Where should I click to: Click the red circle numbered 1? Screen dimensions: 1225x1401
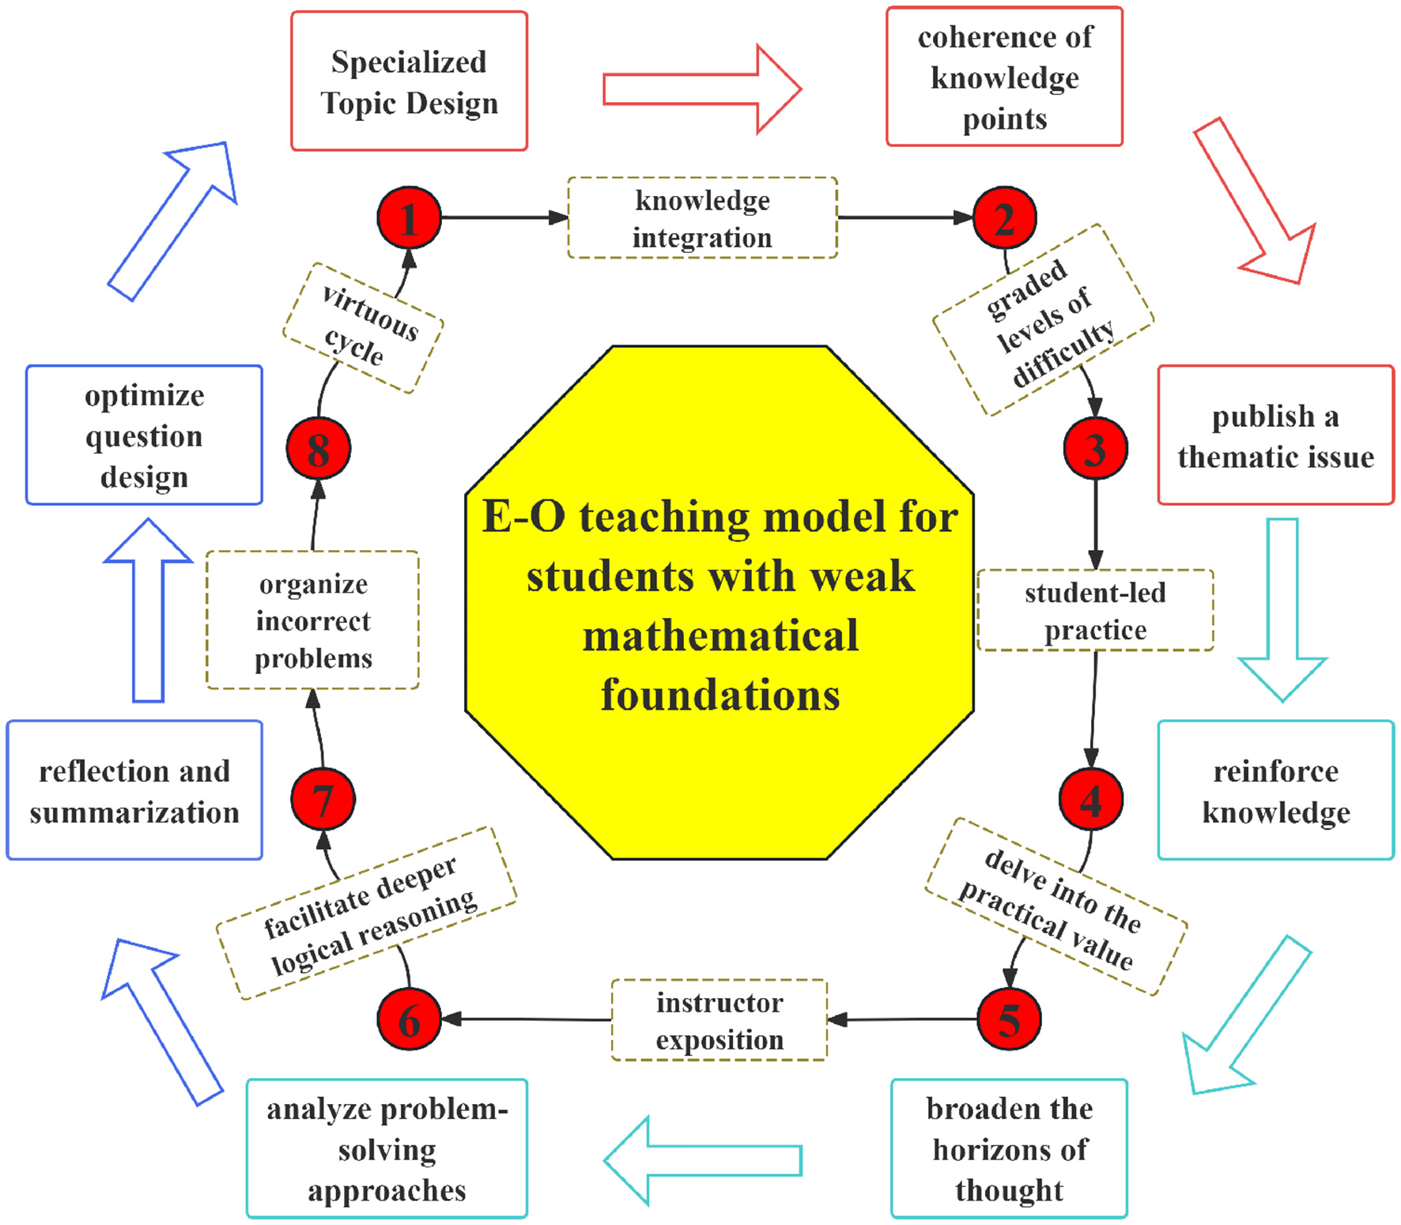click(409, 218)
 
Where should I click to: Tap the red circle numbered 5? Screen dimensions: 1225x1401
click(1009, 1020)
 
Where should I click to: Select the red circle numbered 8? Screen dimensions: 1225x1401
click(318, 449)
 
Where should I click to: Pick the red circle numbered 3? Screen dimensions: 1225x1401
click(1095, 449)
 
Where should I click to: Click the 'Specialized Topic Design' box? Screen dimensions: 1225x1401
click(409, 81)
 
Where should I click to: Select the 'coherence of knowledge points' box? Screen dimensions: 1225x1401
click(1004, 77)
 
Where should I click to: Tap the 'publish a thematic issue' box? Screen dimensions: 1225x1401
click(1275, 435)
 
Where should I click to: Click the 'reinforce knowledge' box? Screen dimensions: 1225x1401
click(1275, 790)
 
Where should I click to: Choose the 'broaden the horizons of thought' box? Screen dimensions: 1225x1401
click(1009, 1148)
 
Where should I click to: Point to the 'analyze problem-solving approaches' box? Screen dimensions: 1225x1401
click(387, 1148)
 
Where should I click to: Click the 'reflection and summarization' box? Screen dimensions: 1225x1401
click(134, 790)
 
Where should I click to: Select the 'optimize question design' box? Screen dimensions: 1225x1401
click(144, 435)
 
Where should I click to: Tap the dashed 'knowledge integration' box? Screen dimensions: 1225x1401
click(702, 218)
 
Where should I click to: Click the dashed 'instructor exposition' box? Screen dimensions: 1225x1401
click(719, 1020)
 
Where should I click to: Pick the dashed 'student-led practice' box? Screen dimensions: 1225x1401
click(1095, 610)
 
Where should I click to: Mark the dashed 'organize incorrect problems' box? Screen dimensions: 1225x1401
click(313, 620)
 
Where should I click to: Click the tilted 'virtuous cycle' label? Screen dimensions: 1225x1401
click(363, 329)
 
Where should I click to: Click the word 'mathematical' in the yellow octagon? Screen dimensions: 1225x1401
click(719, 636)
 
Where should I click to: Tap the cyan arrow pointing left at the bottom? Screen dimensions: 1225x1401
click(702, 1160)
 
